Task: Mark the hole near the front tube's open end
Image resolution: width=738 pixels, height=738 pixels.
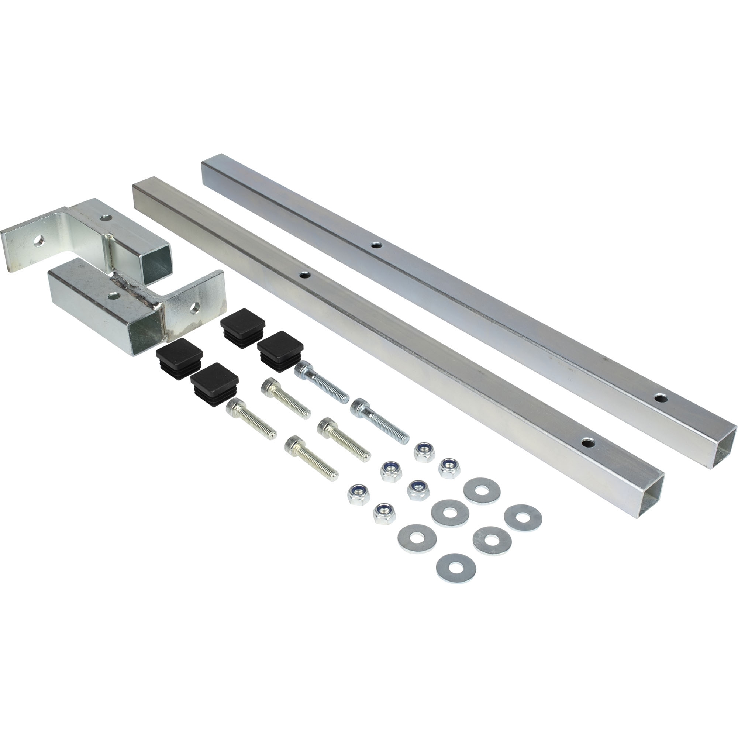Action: tap(589, 443)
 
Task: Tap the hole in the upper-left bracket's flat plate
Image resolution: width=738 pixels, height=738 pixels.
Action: tap(39, 241)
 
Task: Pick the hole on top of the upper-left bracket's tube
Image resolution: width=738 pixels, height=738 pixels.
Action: tap(106, 218)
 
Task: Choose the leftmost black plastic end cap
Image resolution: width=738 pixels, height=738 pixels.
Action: tap(179, 354)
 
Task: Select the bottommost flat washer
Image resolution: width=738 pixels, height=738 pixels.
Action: tap(456, 568)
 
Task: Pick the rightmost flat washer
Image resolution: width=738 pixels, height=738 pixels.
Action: tap(523, 518)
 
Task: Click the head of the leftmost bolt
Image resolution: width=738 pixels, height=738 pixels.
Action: tap(236, 406)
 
